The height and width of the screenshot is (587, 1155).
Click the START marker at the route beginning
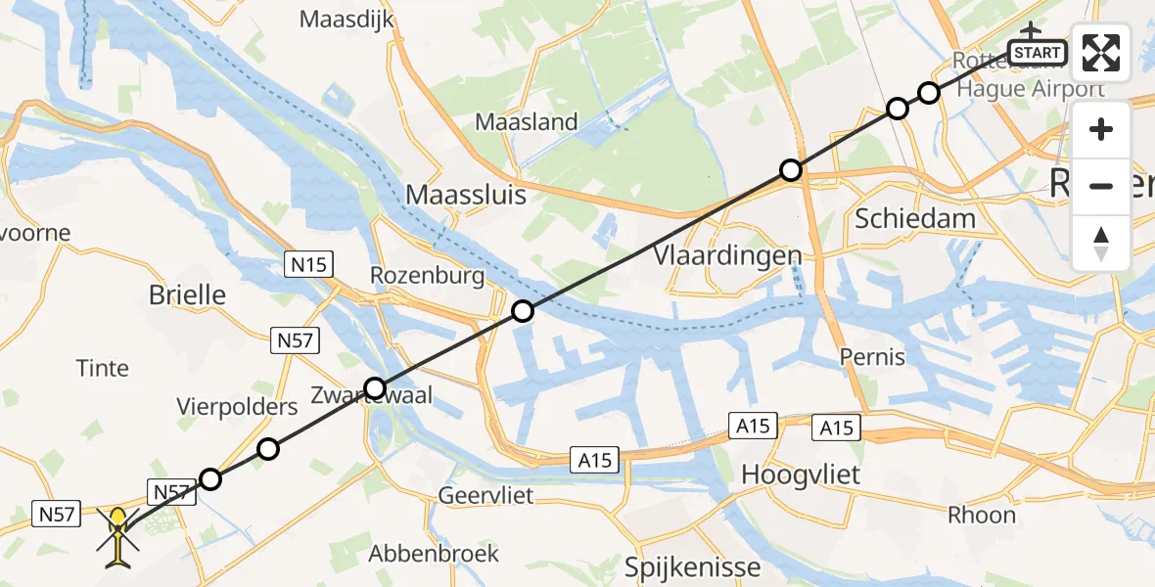pos(1038,52)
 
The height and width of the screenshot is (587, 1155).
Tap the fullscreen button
pos(1101,53)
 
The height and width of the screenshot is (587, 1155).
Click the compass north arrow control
pos(1101,244)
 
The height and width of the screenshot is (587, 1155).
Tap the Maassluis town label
pos(466,195)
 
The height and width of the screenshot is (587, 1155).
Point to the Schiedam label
pos(915,218)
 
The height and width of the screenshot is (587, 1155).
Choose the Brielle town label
pos(187,294)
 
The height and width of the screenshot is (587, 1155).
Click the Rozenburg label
pos(427,276)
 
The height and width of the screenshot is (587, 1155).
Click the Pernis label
pos(872,357)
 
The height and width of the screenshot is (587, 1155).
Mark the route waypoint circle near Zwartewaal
pos(375,386)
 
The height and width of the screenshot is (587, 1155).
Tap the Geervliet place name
pos(485,495)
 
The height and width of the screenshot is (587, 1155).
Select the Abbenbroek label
pos(433,554)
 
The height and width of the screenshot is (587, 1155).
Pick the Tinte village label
pos(103,368)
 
